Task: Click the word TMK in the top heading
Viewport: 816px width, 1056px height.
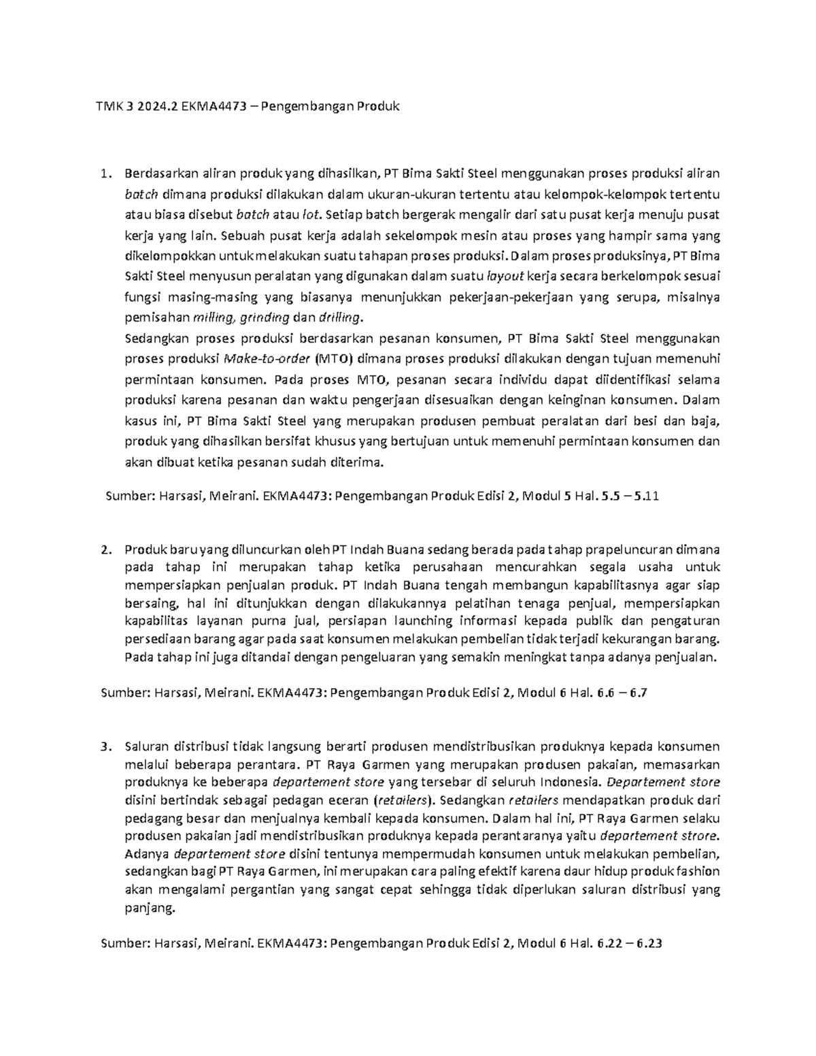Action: point(108,106)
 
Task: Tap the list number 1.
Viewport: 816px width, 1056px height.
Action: point(104,174)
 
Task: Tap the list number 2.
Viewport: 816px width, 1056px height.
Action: point(104,549)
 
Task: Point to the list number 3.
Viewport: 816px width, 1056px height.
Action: point(104,747)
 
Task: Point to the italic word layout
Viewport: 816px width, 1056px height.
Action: point(506,277)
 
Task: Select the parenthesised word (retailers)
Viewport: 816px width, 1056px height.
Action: point(406,800)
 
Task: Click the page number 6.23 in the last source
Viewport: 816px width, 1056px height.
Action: point(645,943)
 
